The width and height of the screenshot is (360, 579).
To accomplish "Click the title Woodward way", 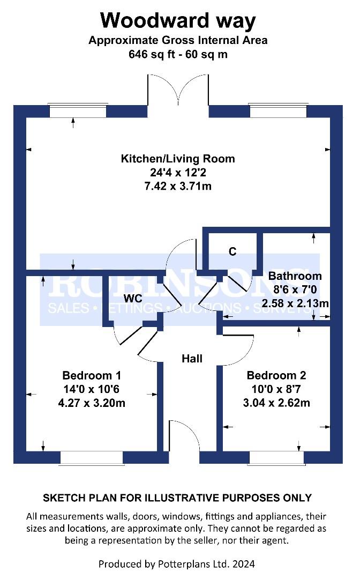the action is [178, 21].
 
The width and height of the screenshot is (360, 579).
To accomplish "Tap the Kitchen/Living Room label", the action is [178, 159].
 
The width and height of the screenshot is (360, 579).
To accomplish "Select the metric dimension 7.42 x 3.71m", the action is [178, 185].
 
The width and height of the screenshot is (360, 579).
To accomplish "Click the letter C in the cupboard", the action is [232, 251].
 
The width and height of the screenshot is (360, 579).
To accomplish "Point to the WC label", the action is [133, 299].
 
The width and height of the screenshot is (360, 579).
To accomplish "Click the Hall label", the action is [192, 359].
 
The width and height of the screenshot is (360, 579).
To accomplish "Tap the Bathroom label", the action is [295, 276].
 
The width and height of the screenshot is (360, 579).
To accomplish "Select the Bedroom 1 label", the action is [92, 375].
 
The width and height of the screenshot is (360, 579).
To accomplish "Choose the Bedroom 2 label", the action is [276, 375].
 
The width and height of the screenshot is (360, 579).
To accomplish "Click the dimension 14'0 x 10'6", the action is [92, 389].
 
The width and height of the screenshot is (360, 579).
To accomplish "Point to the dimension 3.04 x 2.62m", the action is [276, 403].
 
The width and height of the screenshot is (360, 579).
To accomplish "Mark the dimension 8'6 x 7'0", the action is [295, 289].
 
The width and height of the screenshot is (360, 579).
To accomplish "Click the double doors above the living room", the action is [178, 90].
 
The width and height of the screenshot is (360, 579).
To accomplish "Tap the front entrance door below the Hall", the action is [184, 436].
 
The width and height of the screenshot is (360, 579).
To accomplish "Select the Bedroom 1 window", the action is [92, 457].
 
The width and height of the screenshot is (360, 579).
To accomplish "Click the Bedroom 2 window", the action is [276, 457].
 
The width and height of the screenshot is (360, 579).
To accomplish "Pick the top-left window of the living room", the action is [78, 110].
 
